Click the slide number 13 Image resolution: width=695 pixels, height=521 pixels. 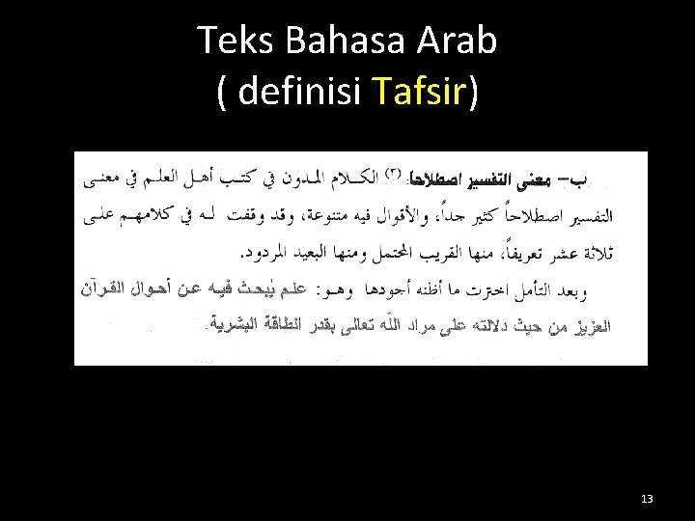[x=647, y=498]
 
